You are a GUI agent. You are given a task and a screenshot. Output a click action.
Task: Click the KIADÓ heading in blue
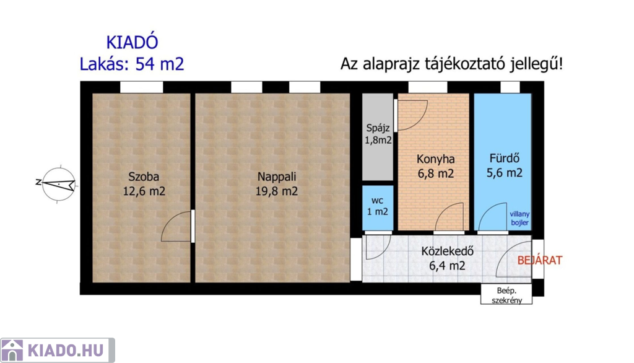(x=132, y=42)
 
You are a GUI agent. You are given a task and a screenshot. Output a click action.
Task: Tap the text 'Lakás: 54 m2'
(x=132, y=64)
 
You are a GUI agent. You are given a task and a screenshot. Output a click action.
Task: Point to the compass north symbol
(x=59, y=184)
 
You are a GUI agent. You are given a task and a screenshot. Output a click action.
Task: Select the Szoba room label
(x=144, y=184)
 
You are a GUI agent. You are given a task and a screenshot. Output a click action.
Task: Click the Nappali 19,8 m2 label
(x=277, y=184)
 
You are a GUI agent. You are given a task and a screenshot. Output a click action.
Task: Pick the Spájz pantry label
(x=378, y=134)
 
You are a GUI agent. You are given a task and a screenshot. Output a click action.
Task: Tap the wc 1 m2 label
(x=377, y=206)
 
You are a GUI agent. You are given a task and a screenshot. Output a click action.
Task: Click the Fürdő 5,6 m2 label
(x=504, y=165)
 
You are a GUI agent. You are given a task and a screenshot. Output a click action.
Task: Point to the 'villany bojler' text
(x=519, y=218)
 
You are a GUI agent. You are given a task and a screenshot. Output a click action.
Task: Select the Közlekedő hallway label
(x=447, y=258)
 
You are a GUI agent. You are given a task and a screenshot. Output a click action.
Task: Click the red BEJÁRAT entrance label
(x=540, y=260)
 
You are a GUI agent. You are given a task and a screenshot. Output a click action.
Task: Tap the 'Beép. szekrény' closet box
(x=506, y=294)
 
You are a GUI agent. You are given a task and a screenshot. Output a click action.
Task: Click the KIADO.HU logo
(x=58, y=350)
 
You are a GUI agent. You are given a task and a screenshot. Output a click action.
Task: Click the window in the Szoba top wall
(x=142, y=87)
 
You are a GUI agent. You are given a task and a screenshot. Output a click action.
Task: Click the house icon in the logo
(x=12, y=350)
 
